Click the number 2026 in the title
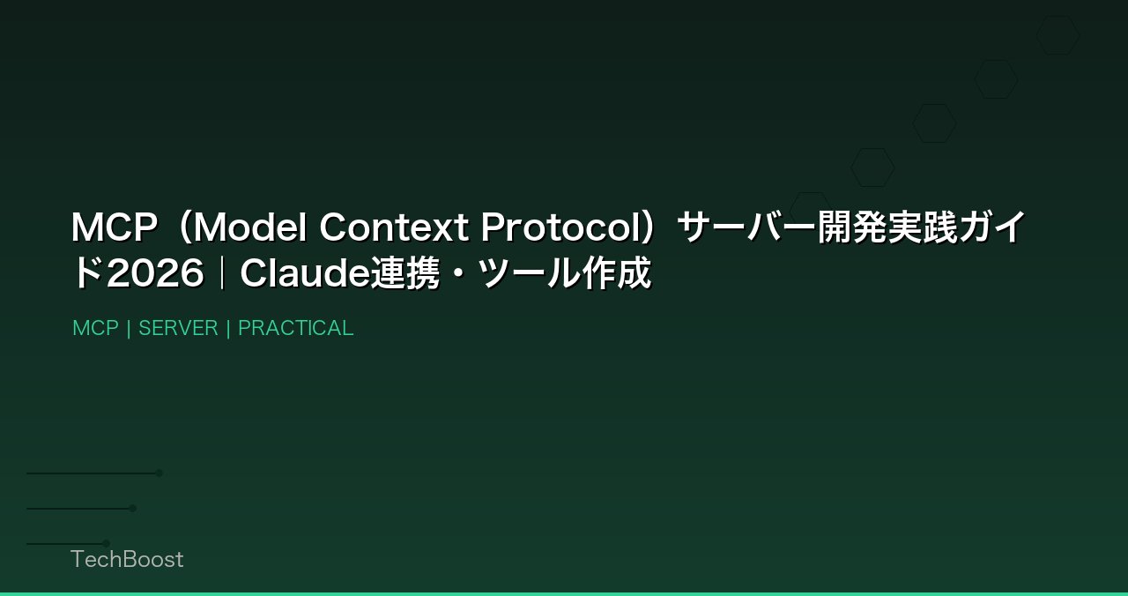point(155,274)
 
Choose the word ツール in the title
point(528,274)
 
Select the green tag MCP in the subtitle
point(95,328)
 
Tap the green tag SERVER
point(178,328)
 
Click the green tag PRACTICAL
point(295,328)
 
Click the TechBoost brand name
point(127,559)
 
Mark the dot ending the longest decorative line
point(160,473)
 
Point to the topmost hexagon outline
point(1057,35)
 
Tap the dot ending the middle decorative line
point(133,508)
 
